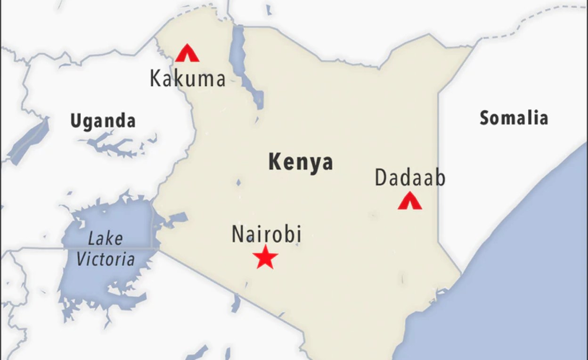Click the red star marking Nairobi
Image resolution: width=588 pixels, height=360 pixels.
point(265,257)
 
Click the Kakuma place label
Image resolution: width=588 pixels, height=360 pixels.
point(188,78)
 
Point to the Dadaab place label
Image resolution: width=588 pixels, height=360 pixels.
point(410,179)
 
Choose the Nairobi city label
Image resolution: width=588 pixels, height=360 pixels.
point(266,234)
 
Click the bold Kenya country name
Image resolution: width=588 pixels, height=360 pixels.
point(301,162)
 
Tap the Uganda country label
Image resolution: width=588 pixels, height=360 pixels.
point(103,121)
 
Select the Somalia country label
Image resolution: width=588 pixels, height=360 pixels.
point(514,118)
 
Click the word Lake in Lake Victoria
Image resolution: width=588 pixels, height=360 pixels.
point(105,238)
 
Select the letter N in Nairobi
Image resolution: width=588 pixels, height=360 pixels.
point(237,235)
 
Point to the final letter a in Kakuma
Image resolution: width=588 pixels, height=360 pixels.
point(219,79)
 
